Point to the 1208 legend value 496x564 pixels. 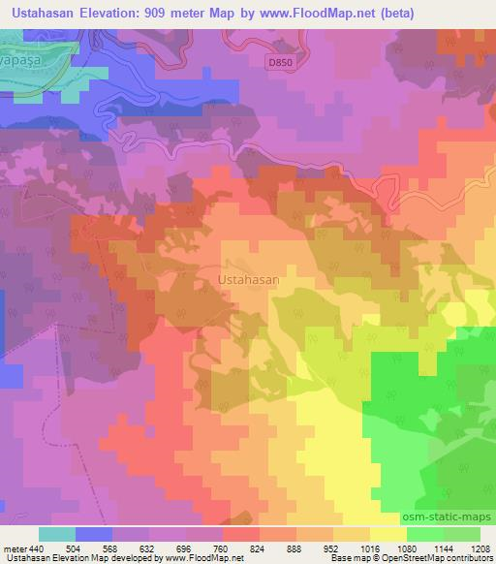coord(480,548)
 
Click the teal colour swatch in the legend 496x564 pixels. coord(57,534)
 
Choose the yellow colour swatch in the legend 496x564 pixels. coord(387,534)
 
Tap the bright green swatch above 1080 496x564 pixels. coord(424,534)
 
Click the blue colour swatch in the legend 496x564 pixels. coord(94,534)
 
